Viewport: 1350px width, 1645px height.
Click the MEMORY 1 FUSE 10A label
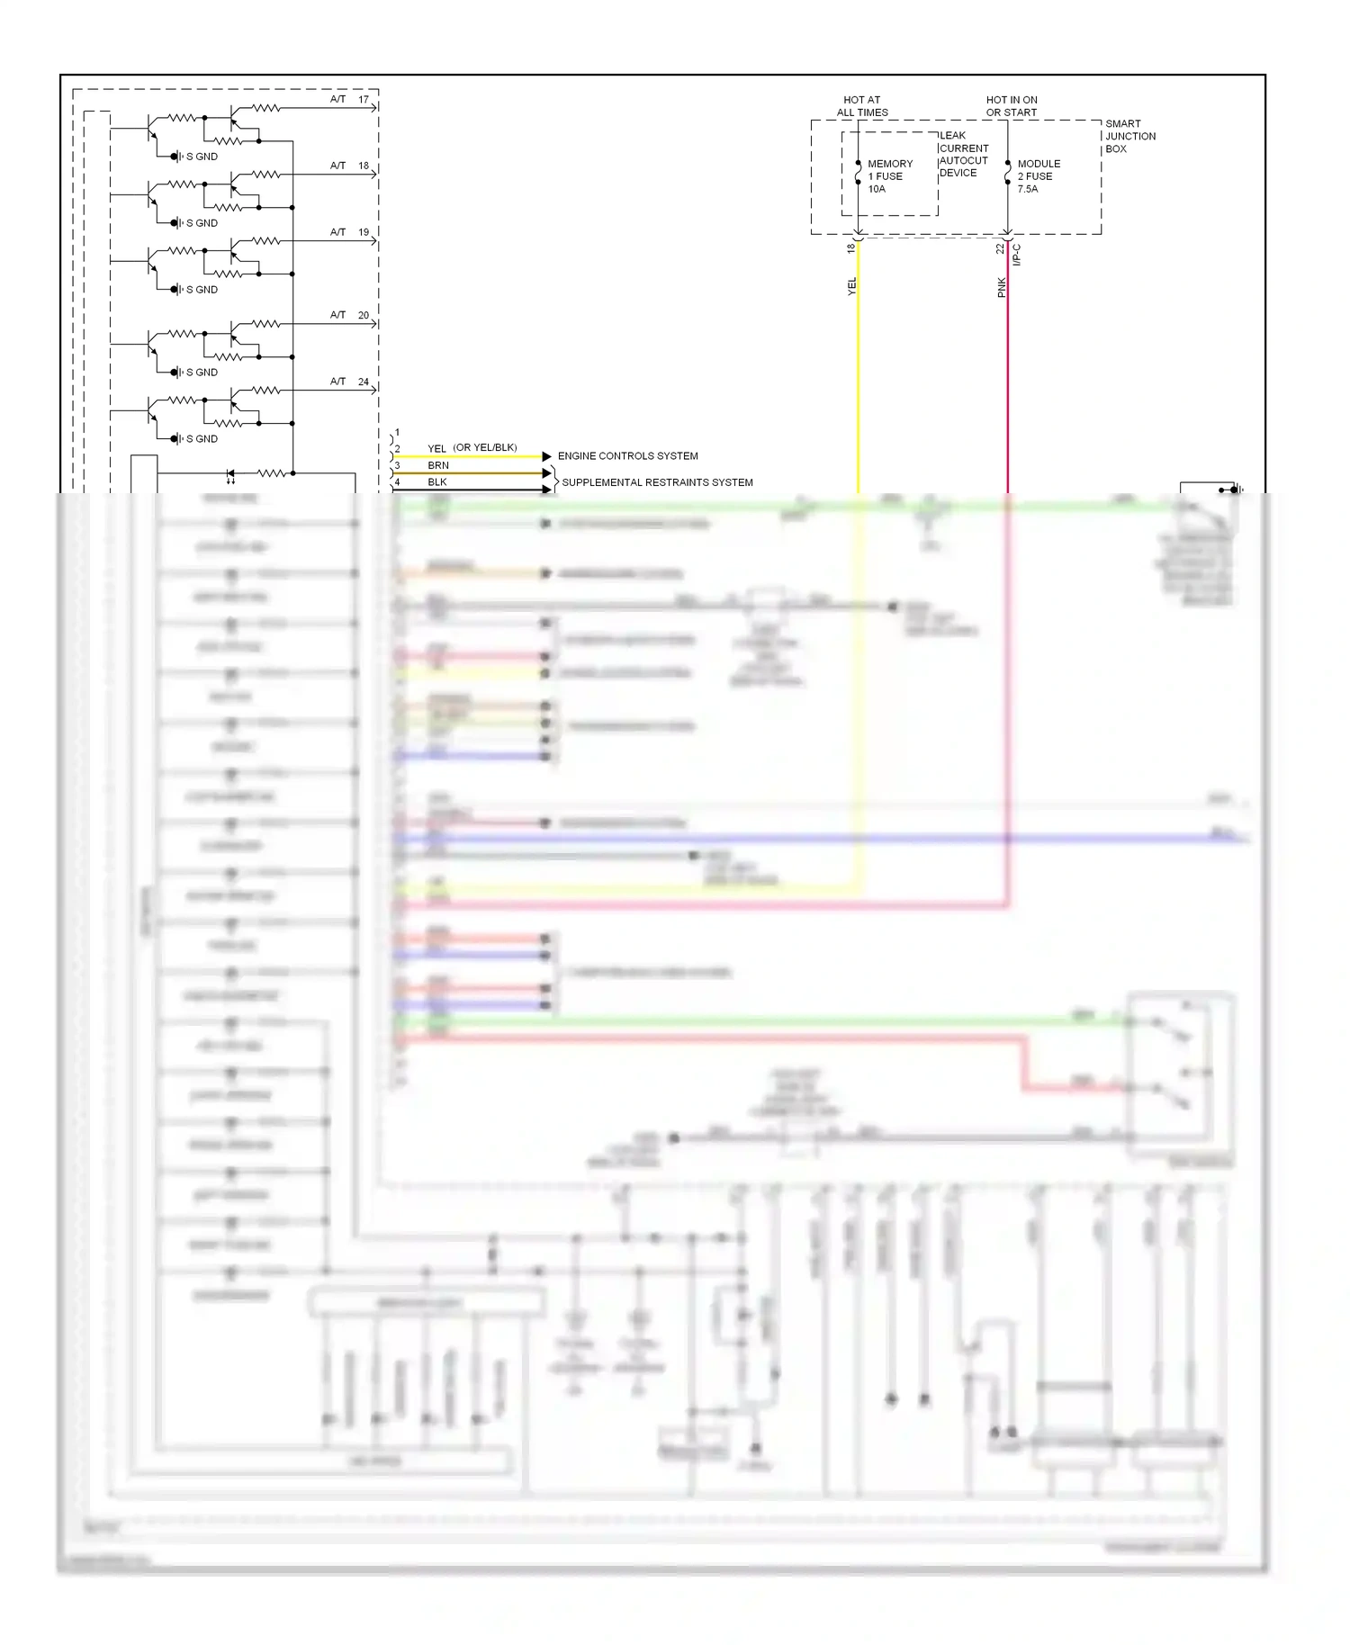(x=888, y=176)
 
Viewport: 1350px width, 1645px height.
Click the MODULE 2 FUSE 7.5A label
(x=1038, y=176)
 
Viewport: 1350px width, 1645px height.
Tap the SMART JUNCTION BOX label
(x=1129, y=136)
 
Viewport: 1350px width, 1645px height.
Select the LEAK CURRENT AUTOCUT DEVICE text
(x=963, y=154)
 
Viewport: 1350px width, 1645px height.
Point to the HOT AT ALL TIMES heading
(x=862, y=106)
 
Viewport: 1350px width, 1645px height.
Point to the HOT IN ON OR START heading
(x=1012, y=106)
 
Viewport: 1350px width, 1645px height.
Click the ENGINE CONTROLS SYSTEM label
(x=627, y=456)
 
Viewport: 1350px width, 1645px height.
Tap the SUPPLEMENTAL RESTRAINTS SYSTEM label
(x=657, y=482)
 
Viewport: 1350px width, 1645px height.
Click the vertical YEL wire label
(x=852, y=287)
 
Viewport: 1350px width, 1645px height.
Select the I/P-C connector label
(x=1017, y=255)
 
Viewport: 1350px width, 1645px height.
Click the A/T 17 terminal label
(x=349, y=100)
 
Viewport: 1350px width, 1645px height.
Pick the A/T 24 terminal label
(x=349, y=382)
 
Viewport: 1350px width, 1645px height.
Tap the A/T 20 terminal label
(x=349, y=315)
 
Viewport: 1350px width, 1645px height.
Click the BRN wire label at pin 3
(x=438, y=465)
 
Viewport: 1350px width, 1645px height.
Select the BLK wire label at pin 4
(x=437, y=482)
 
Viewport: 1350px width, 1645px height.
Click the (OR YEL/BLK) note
(x=485, y=447)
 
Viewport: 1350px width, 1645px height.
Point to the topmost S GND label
(x=202, y=157)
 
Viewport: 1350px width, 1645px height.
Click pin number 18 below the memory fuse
(x=850, y=248)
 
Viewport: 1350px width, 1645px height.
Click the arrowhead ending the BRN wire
(x=546, y=473)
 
